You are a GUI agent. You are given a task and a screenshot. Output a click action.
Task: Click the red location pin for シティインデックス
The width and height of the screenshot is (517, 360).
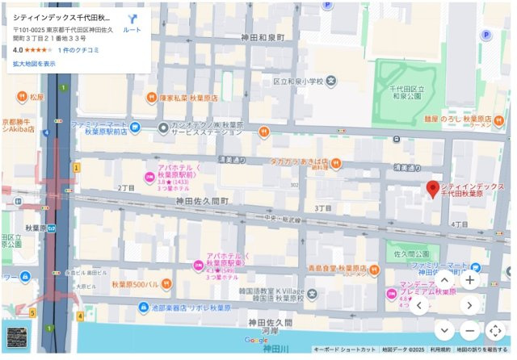tap(433, 189)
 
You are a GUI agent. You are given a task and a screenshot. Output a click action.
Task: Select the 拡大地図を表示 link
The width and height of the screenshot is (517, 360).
tap(34, 64)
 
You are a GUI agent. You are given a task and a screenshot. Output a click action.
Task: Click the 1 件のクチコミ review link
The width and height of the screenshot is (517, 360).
tap(78, 50)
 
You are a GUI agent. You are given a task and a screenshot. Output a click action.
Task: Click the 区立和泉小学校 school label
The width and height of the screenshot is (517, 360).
tap(297, 82)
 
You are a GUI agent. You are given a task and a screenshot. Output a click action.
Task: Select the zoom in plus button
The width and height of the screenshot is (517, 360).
tap(470, 279)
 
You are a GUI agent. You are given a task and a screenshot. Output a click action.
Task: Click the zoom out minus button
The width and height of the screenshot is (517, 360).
tap(470, 330)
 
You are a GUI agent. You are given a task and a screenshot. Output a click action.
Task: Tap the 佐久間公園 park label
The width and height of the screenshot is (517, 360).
tap(410, 253)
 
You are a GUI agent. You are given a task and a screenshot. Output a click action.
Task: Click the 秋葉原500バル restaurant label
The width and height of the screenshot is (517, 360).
tap(135, 285)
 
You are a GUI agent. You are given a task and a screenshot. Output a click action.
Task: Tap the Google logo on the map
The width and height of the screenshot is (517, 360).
tap(257, 341)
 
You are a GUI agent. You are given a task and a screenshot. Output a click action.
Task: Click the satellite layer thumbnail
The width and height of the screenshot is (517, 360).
tap(18, 337)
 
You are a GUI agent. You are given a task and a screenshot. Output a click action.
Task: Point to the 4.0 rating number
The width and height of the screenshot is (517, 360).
tap(18, 50)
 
